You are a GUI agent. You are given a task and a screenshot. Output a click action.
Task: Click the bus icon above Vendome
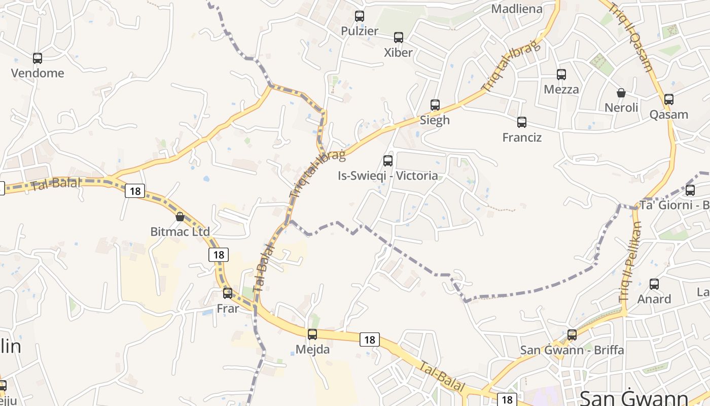coord(38,58)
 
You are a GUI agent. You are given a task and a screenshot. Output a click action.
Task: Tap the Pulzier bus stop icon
coord(360,16)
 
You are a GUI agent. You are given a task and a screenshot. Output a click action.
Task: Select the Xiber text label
coord(398,52)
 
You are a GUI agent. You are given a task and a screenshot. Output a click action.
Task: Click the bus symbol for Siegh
coord(435,105)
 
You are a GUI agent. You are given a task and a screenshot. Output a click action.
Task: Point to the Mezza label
coord(561,89)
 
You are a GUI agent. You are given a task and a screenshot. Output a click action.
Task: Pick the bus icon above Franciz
coord(522,122)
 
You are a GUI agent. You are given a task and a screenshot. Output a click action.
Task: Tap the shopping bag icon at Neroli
coord(621,93)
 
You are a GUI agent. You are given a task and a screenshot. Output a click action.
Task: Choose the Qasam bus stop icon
coord(669,99)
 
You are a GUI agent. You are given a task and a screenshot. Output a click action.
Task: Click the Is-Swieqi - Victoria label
coord(388,176)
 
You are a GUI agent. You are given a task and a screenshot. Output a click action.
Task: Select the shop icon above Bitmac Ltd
coord(180,217)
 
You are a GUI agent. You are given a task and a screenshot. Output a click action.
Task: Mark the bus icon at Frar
coord(228,293)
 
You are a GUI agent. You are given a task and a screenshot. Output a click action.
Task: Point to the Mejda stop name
coord(312,350)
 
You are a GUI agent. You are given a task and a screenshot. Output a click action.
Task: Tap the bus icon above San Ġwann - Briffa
coord(572,335)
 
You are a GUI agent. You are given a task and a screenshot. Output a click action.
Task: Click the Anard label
coord(654,299)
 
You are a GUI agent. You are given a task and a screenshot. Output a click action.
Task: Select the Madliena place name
coord(517,9)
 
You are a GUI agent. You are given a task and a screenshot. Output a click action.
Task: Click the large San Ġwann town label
coord(633,397)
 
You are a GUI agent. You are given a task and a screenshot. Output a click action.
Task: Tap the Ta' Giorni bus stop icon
coord(690,190)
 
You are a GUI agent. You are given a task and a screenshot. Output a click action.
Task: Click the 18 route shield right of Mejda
coord(370,340)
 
